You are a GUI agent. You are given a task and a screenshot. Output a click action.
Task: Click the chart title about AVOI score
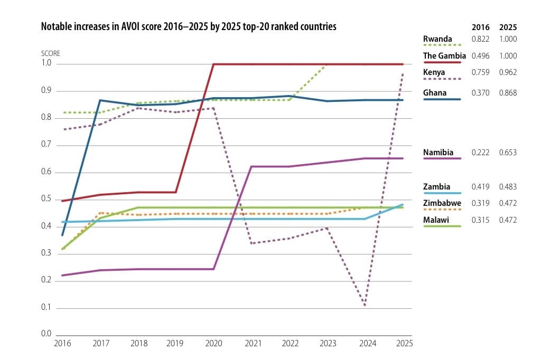tap(189, 27)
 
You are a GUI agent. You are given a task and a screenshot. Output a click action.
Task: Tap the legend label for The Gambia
tap(444, 55)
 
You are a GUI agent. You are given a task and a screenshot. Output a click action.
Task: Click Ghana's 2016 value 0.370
tap(480, 93)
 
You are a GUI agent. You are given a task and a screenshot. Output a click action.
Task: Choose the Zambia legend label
tap(436, 186)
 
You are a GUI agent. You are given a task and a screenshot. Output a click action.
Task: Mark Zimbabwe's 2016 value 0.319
tap(480, 203)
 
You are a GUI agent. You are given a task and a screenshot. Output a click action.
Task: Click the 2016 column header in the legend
tap(480, 27)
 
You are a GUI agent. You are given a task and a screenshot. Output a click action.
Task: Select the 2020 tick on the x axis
tap(214, 343)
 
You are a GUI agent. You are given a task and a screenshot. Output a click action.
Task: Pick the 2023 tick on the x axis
tap(328, 343)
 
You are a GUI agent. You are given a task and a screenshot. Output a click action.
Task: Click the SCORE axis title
tap(51, 54)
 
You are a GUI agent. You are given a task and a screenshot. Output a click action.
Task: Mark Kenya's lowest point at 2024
tap(365, 305)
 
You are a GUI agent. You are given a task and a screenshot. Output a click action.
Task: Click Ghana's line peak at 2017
tap(100, 100)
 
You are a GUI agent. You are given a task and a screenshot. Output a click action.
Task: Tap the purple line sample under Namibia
tap(442, 158)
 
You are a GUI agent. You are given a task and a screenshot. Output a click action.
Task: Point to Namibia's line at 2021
tap(252, 166)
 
